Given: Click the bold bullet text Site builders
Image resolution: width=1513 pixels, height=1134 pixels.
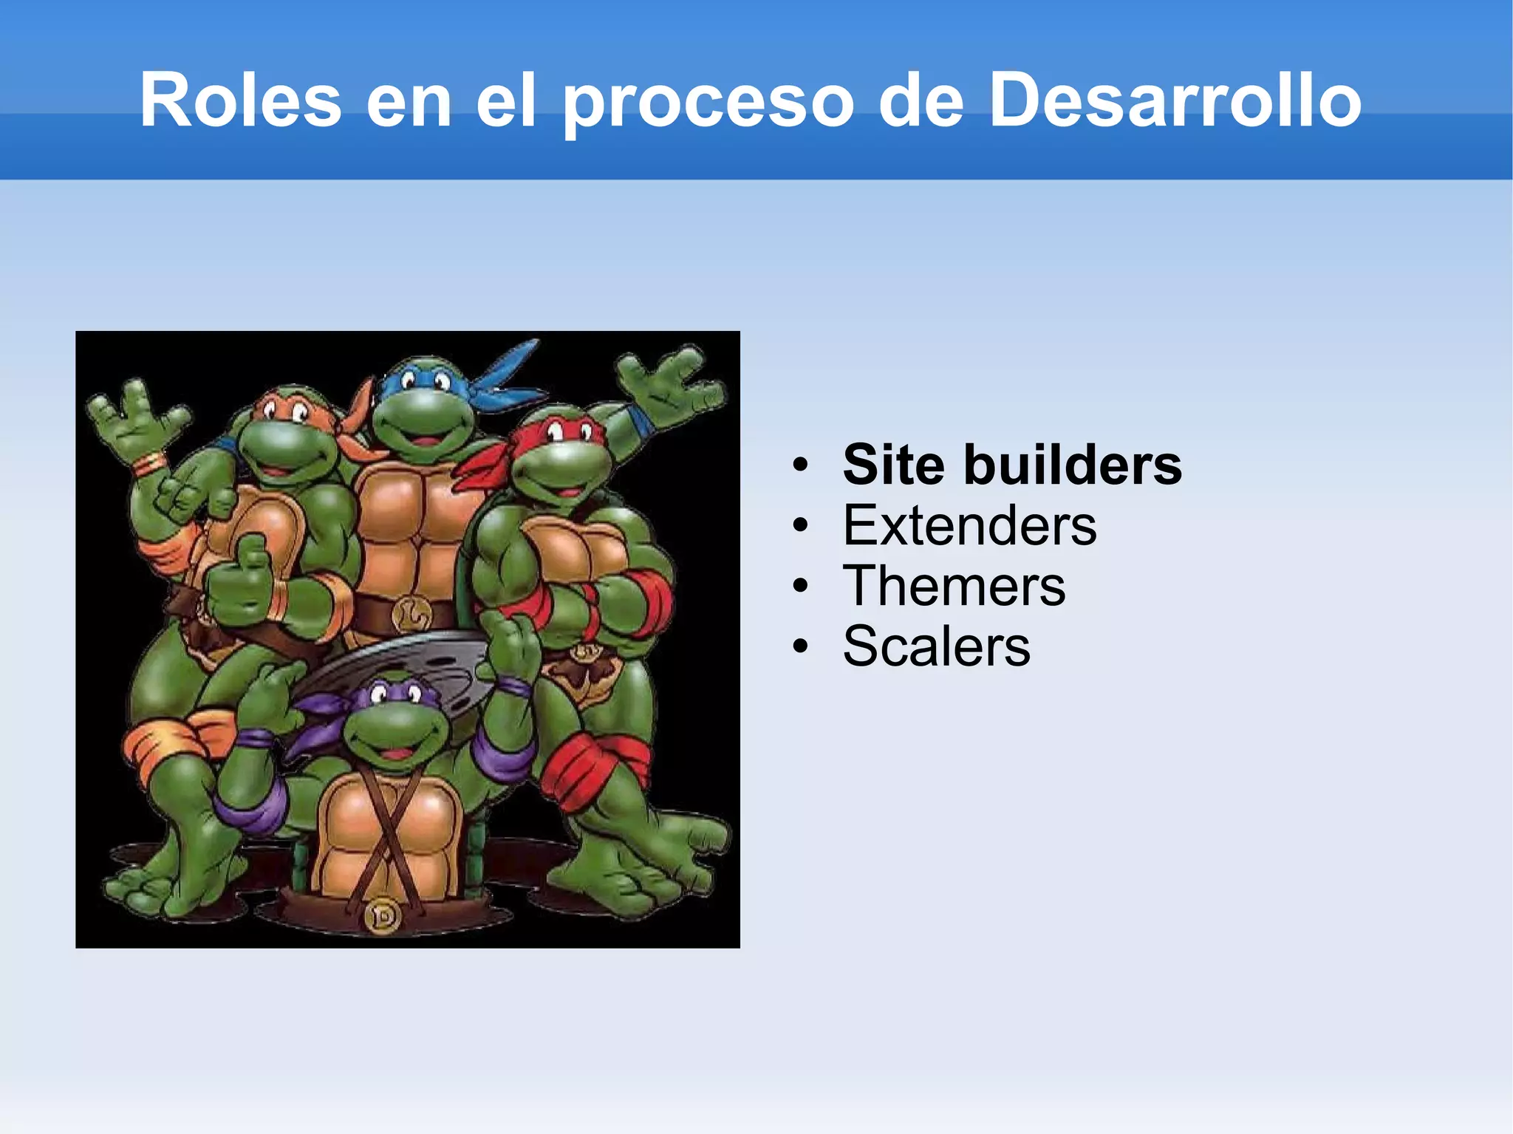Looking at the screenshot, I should click(x=1012, y=465).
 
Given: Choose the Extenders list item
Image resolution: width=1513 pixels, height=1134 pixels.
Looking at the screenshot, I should click(x=969, y=525).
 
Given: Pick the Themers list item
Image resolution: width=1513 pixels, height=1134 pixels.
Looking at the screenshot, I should click(x=954, y=586).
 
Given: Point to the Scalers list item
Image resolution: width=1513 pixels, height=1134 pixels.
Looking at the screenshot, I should click(x=936, y=646).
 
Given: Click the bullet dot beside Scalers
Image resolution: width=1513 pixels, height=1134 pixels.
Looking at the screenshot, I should click(x=800, y=647).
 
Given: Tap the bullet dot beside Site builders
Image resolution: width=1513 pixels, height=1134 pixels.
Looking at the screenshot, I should click(x=800, y=465).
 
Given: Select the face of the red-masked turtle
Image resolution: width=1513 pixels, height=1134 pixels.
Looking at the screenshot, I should click(x=561, y=462).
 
